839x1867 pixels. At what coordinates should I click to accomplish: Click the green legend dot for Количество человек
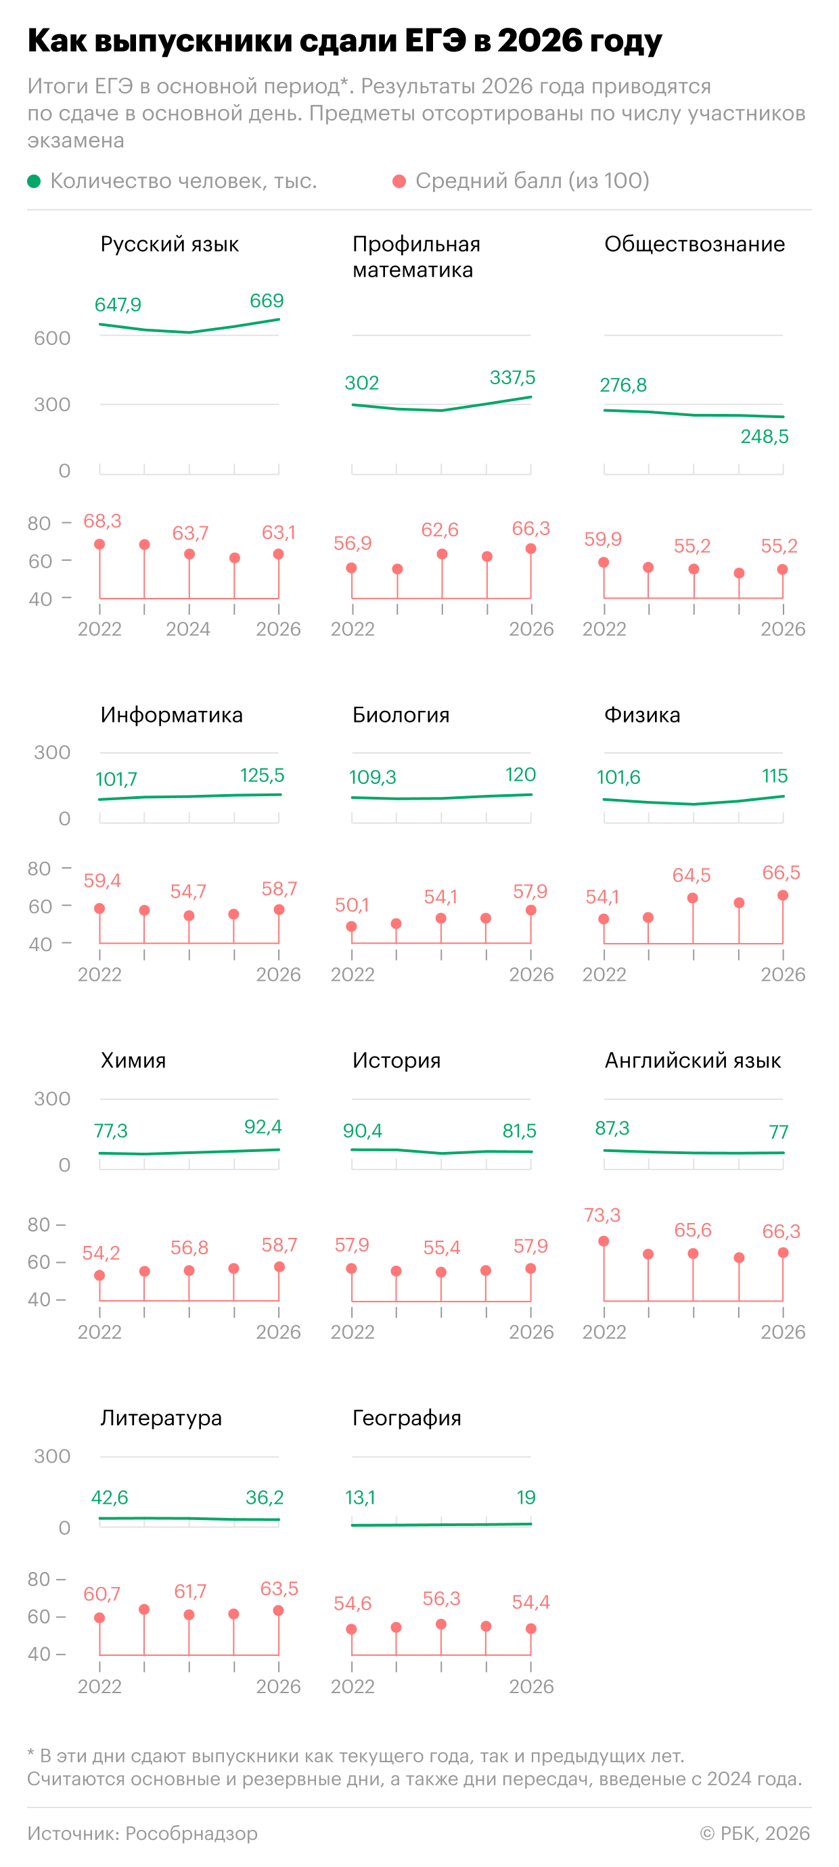(33, 181)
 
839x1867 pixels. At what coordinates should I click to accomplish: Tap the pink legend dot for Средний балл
(399, 181)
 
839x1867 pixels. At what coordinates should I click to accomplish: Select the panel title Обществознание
(694, 244)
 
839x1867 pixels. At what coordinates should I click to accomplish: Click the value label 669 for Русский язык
(266, 301)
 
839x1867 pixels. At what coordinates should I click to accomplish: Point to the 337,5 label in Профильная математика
(512, 377)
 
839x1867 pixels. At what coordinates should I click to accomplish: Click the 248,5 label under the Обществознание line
(765, 436)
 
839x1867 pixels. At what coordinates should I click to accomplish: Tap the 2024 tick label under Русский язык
(188, 629)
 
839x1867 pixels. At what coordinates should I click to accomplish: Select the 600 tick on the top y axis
(52, 338)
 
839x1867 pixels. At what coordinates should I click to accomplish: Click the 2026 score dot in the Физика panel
(782, 896)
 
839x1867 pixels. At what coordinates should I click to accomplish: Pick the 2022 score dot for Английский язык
(604, 1241)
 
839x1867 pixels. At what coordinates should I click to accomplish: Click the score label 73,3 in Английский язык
(602, 1216)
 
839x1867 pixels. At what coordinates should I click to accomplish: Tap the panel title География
(407, 1418)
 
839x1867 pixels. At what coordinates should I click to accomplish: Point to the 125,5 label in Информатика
(262, 775)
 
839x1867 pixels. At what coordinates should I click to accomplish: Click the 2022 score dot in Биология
(351, 927)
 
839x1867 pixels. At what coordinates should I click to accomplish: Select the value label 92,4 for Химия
(263, 1127)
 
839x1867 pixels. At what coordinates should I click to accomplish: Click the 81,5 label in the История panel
(519, 1130)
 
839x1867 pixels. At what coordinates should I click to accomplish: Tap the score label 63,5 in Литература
(279, 1589)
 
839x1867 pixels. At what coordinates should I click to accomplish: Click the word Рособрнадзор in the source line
(191, 1833)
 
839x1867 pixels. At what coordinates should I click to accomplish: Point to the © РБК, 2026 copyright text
(755, 1833)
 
